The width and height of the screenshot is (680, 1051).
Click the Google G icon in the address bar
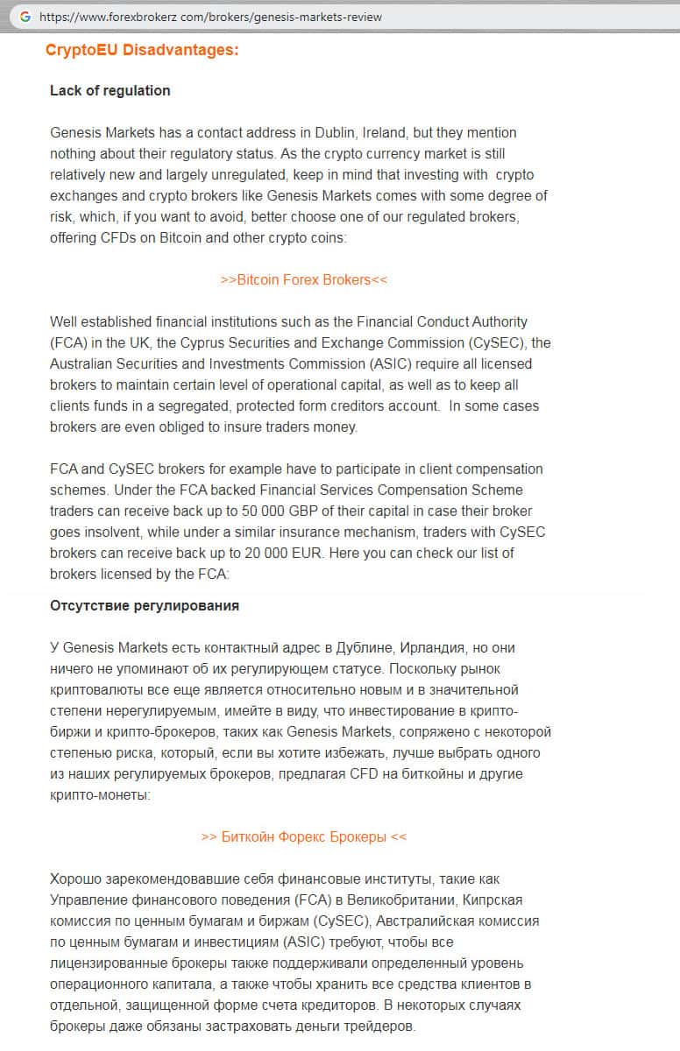click(24, 17)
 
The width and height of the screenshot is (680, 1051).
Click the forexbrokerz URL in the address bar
click(210, 17)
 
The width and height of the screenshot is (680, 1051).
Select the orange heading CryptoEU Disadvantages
click(142, 50)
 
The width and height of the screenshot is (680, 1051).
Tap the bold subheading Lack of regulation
click(110, 90)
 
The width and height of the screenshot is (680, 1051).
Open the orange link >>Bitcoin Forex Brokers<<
click(304, 279)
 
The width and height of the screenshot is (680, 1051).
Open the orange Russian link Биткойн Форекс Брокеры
click(304, 836)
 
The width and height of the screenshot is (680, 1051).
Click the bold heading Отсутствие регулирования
click(145, 605)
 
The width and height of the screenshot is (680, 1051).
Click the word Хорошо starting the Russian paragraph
click(77, 878)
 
